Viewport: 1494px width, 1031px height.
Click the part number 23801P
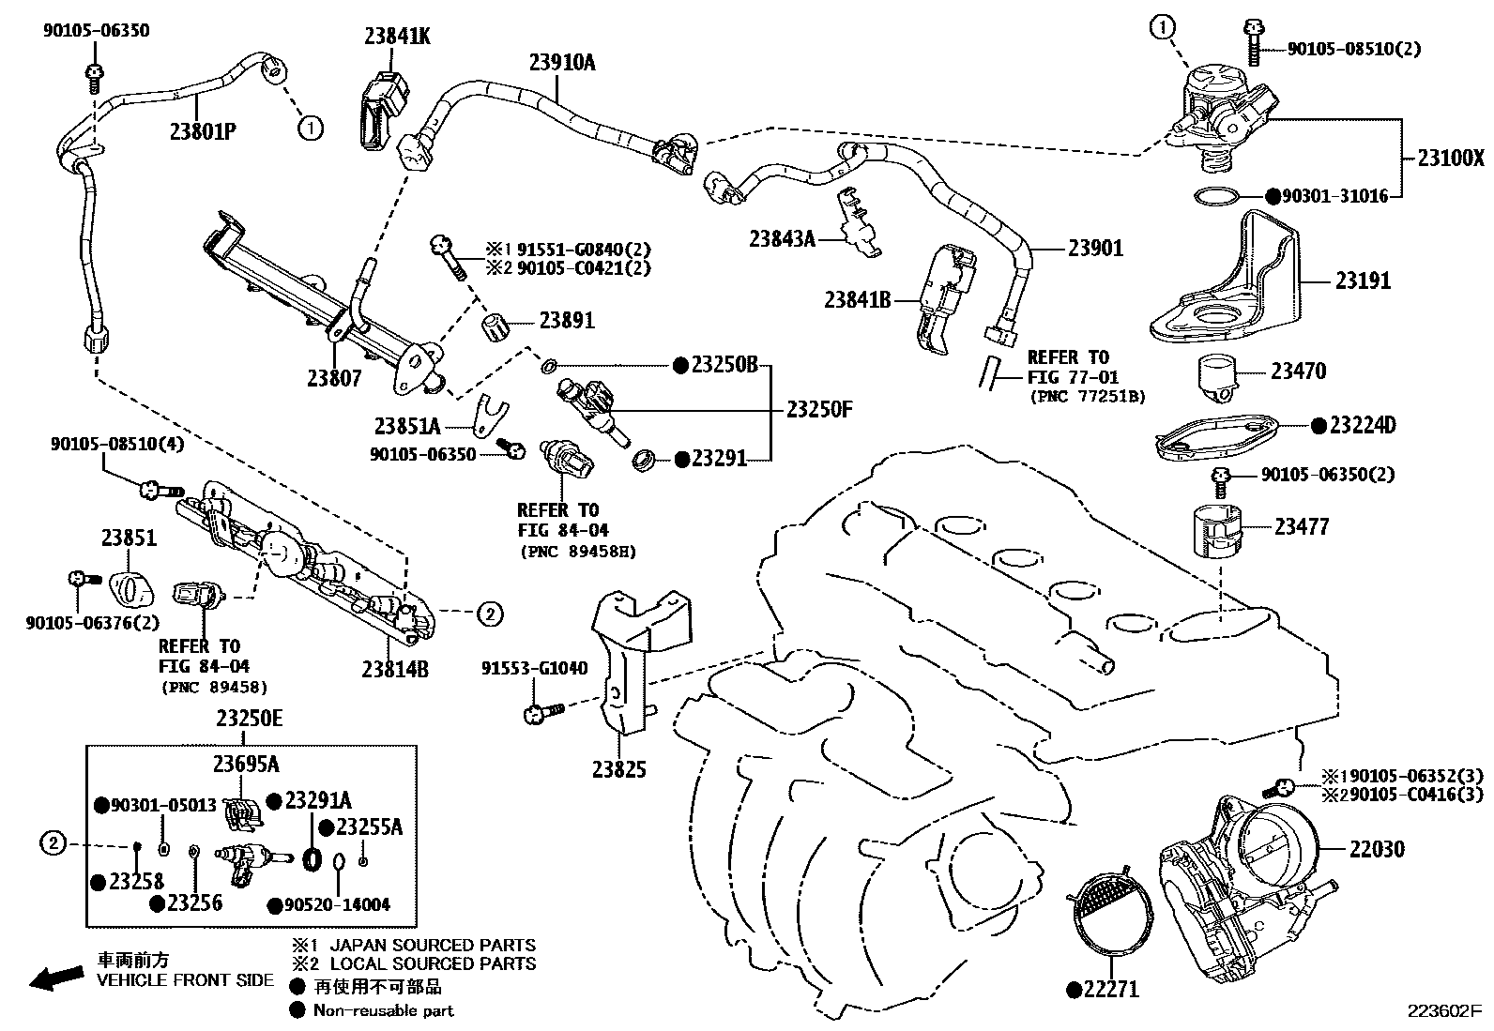point(202,130)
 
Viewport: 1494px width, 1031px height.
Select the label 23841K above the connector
point(397,36)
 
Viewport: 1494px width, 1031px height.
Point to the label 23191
point(1363,280)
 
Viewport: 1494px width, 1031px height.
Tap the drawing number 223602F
point(1442,1012)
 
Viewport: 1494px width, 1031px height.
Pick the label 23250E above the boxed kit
point(249,719)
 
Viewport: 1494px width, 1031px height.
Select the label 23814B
point(394,669)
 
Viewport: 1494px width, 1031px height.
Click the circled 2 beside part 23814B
point(489,614)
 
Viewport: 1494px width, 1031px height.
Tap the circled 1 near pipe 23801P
point(311,128)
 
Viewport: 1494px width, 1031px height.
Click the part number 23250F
point(818,409)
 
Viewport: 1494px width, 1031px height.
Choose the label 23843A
point(782,238)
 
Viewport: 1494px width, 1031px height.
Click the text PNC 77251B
point(1088,396)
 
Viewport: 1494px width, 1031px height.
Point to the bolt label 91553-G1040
point(534,668)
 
